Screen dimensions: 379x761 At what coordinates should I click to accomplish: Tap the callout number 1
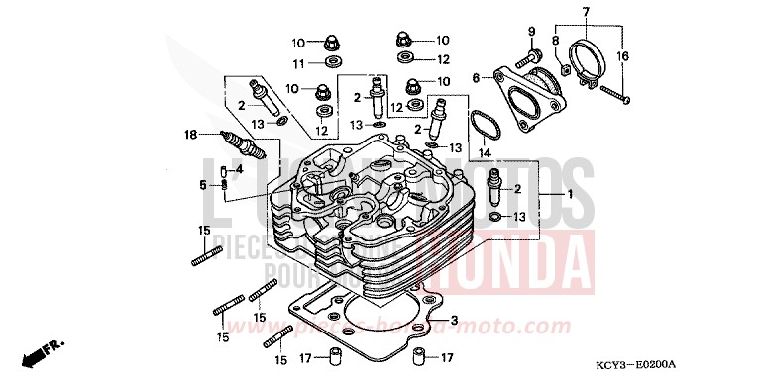point(570,196)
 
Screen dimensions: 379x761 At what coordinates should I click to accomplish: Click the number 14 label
point(486,153)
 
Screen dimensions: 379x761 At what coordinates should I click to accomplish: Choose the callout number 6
point(476,77)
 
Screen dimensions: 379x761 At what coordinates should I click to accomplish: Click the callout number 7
point(585,11)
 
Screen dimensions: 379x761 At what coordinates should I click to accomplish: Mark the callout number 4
point(239,168)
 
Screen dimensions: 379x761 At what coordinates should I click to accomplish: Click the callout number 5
point(203,184)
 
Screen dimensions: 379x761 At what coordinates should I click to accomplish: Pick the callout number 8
point(554,41)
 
